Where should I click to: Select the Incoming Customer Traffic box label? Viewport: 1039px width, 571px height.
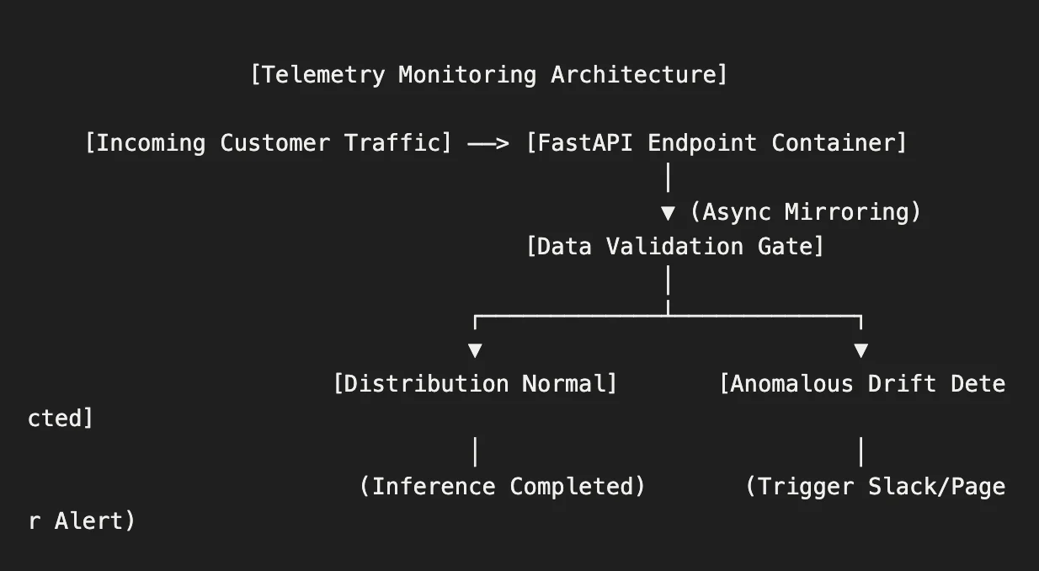coord(268,143)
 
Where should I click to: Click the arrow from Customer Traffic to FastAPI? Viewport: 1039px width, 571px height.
coord(488,144)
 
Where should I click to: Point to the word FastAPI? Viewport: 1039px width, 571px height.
coord(585,143)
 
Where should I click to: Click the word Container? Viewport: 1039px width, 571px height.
coord(833,143)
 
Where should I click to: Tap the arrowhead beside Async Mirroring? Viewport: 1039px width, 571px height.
coord(668,213)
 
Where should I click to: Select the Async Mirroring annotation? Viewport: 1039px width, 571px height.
coord(806,212)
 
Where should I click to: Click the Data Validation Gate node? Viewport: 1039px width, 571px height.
coord(675,246)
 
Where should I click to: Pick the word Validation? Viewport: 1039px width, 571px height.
coord(674,246)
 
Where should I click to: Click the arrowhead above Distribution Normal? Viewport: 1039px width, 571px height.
coord(475,350)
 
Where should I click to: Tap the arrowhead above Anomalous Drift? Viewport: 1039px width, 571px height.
coord(861,350)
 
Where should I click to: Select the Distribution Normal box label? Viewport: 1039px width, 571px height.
coord(475,384)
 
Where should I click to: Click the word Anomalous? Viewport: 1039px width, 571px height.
coord(791,384)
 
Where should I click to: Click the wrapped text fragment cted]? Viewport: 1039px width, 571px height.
coord(61,419)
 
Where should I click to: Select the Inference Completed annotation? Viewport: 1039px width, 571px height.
coord(503,487)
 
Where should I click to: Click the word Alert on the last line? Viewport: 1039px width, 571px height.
coord(88,521)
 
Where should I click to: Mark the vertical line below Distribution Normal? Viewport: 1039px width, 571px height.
coord(476,451)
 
